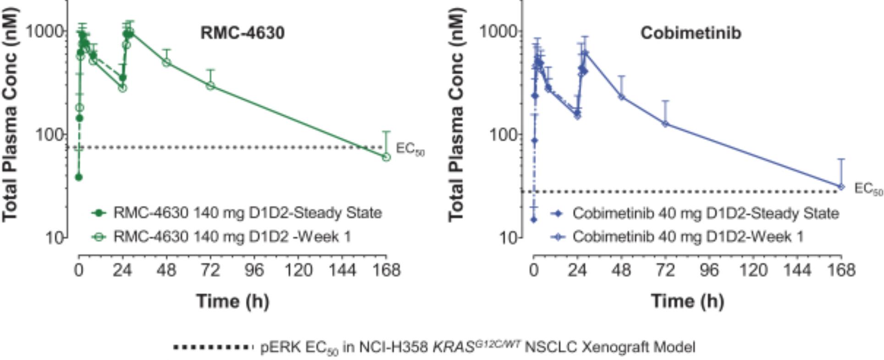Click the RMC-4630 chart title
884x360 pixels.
tap(242, 33)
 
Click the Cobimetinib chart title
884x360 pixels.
tap(691, 33)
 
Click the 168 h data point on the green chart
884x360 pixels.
tap(387, 157)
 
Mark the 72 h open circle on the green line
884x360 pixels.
tap(210, 85)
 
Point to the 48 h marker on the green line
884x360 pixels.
tap(166, 62)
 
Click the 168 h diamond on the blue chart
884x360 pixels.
tap(841, 186)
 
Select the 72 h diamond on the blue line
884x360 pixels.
tap(665, 123)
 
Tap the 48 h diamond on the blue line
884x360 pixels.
tap(621, 97)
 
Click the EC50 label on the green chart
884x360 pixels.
tap(410, 150)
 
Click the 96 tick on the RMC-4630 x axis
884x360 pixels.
tap(254, 270)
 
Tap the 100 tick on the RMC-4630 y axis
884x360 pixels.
tap(50, 135)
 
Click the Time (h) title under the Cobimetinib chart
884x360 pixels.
tap(687, 301)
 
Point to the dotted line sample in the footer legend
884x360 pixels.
tap(213, 347)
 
